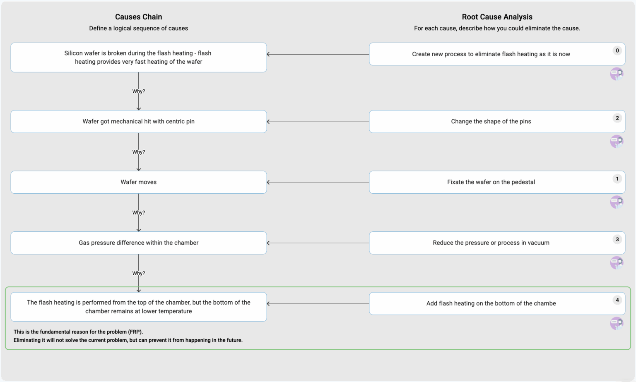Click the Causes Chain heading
coord(138,17)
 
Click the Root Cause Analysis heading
coord(497,17)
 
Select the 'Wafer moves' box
coord(138,182)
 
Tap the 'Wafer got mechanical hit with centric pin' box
coord(138,121)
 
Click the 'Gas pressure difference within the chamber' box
coord(138,243)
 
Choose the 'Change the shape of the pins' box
coord(491,121)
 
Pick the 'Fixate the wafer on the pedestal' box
coord(491,182)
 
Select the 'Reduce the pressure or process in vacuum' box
coord(491,243)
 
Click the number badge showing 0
coord(617,50)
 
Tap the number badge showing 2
coord(617,118)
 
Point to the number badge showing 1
coord(617,179)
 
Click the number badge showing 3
coord(617,239)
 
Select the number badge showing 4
coord(617,300)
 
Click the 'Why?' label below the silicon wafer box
coord(138,91)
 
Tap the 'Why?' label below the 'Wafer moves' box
coord(138,212)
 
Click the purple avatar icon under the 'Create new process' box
coord(617,74)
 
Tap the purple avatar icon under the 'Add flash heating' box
coord(617,323)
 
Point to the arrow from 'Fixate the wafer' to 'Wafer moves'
coord(318,182)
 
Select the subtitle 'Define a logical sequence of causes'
coord(138,28)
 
